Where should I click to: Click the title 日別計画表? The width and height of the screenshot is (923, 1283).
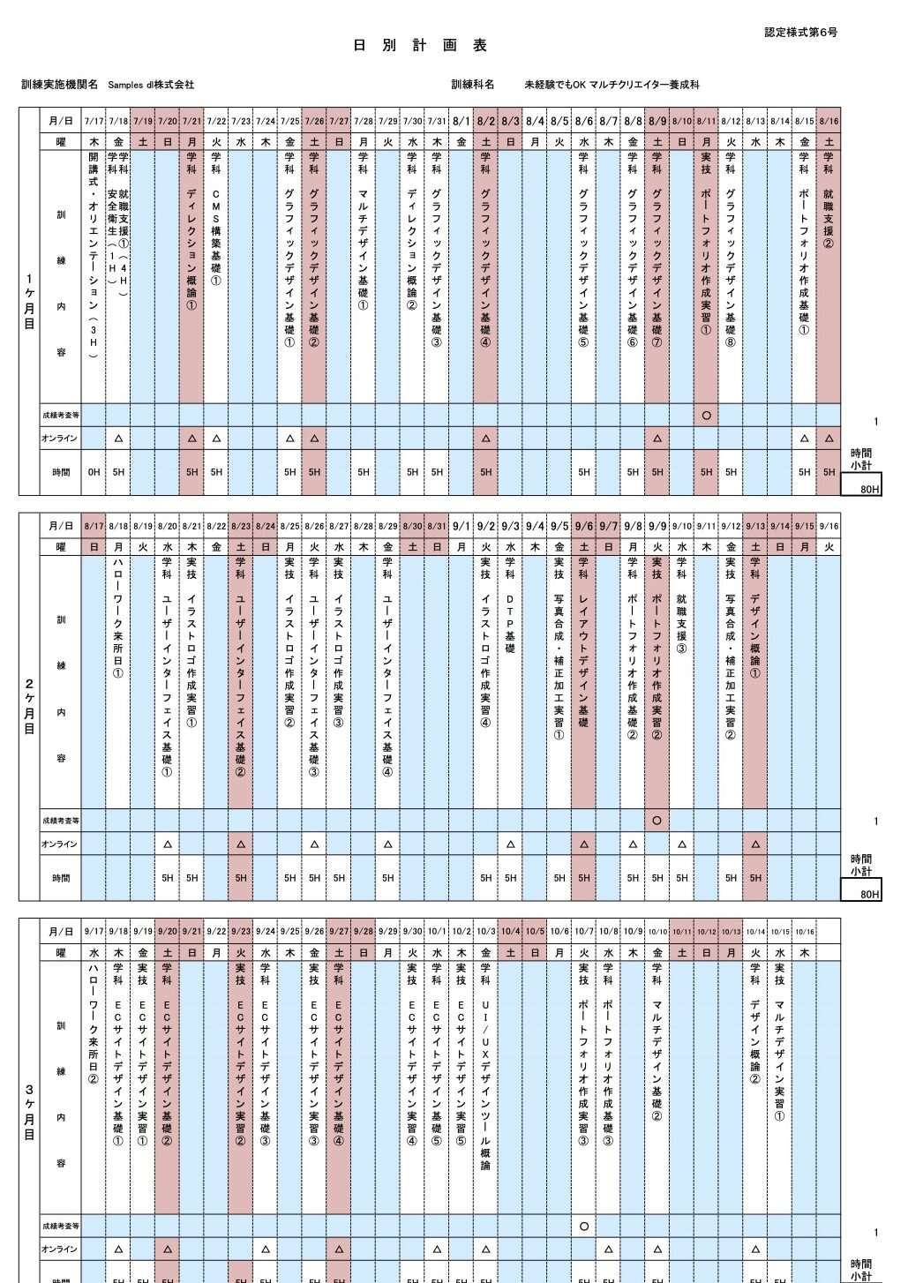tap(420, 45)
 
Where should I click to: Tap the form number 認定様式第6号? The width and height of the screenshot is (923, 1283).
tap(800, 33)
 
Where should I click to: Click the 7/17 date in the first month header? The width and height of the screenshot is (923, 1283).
tap(94, 121)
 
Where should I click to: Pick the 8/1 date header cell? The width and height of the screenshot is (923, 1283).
tap(461, 121)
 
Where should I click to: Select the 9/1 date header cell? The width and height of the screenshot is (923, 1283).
tap(461, 526)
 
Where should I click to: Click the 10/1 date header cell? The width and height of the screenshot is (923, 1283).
tap(437, 931)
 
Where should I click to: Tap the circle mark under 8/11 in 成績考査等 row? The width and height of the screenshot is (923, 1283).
tap(706, 415)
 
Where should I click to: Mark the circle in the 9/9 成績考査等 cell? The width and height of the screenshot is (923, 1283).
tap(657, 821)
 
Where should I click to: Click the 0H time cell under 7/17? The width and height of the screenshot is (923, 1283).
tap(94, 472)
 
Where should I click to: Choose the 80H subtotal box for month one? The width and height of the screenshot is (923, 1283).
tap(861, 485)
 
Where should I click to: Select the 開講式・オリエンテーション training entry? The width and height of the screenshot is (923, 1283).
tap(94, 256)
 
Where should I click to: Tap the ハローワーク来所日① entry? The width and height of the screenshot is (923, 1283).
tap(118, 618)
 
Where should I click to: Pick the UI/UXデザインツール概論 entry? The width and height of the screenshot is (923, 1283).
tap(485, 1085)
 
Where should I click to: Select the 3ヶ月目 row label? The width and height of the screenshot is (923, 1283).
tap(30, 1111)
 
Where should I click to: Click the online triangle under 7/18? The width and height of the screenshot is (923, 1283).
tap(118, 439)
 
